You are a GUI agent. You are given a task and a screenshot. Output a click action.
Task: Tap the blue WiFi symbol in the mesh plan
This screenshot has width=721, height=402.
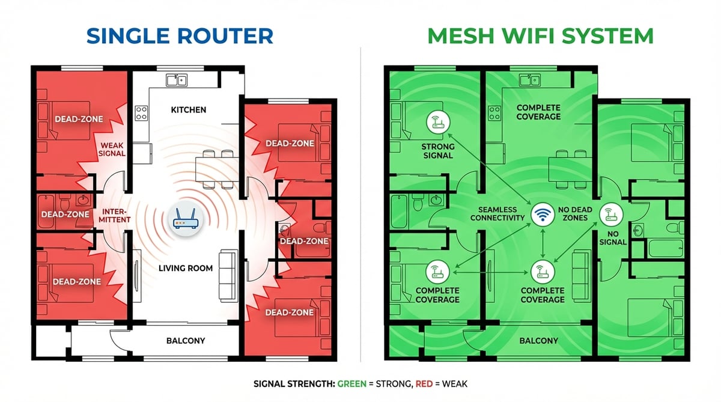point(543,215)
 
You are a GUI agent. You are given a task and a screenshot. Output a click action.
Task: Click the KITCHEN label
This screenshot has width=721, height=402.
point(189,110)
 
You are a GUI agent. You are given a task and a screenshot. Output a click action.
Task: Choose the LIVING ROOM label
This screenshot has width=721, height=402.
point(185,268)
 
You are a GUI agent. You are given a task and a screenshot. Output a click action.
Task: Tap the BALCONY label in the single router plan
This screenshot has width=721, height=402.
point(185,341)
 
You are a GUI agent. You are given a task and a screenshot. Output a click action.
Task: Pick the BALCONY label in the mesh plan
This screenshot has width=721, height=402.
point(538,341)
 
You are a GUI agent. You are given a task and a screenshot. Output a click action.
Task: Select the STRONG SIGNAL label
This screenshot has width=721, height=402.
point(437,150)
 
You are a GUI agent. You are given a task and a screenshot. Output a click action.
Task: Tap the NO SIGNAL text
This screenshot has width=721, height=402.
point(612,237)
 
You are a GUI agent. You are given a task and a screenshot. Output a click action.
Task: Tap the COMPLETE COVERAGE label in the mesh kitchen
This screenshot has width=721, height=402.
point(538,112)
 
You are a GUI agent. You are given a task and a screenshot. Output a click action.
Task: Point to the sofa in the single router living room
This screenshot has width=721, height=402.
point(228,275)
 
